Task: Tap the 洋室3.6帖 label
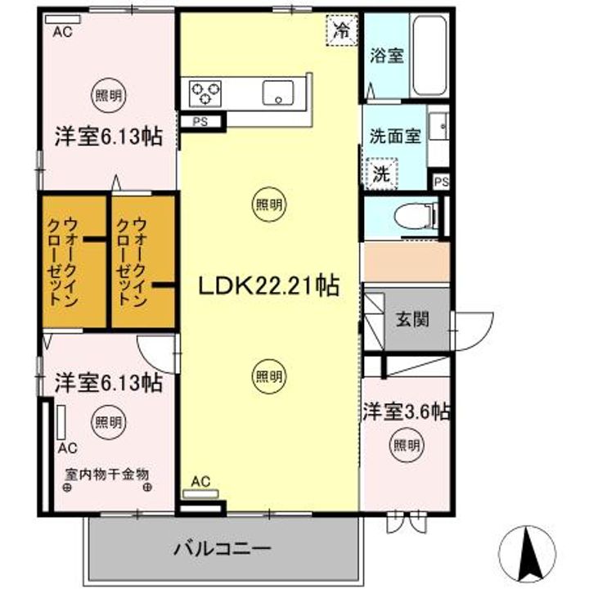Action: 407,411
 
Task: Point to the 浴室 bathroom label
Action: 387,56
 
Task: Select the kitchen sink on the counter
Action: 278,92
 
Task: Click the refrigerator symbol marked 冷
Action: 341,33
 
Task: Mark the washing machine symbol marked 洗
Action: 380,173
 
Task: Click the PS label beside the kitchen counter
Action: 200,122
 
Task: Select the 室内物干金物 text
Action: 106,474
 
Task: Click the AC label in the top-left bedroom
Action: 62,33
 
